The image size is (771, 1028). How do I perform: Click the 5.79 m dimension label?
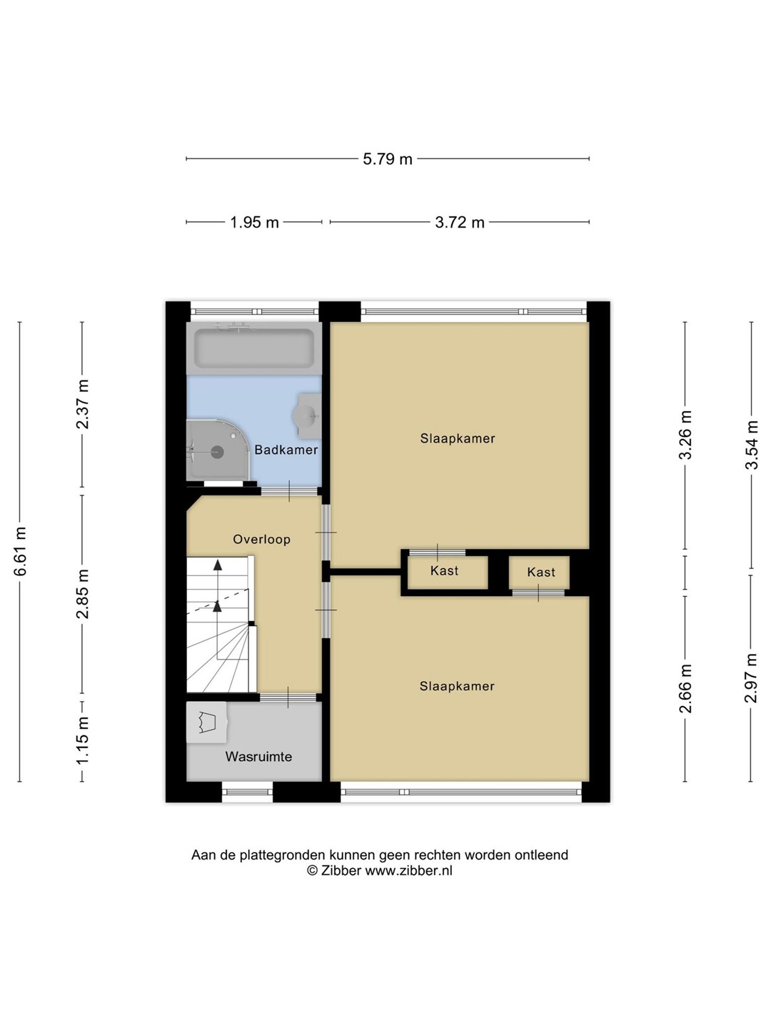[x=387, y=159]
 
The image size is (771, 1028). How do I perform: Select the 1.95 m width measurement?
[x=254, y=223]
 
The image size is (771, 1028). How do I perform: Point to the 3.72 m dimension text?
[x=459, y=223]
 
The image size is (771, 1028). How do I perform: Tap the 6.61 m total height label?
[x=20, y=551]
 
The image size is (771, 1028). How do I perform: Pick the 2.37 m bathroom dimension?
[x=83, y=404]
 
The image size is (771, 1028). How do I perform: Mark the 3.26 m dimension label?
[x=686, y=435]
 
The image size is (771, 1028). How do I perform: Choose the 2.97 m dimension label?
[x=751, y=677]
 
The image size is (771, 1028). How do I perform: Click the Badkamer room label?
[x=286, y=450]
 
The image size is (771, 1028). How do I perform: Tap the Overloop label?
[x=262, y=539]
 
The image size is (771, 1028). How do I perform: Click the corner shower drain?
[x=217, y=452]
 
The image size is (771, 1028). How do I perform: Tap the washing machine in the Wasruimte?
[x=206, y=722]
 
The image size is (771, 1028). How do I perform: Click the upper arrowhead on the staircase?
[x=218, y=565]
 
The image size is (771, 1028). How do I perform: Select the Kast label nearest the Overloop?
[x=444, y=570]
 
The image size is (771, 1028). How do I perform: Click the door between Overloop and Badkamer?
[x=289, y=491]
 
